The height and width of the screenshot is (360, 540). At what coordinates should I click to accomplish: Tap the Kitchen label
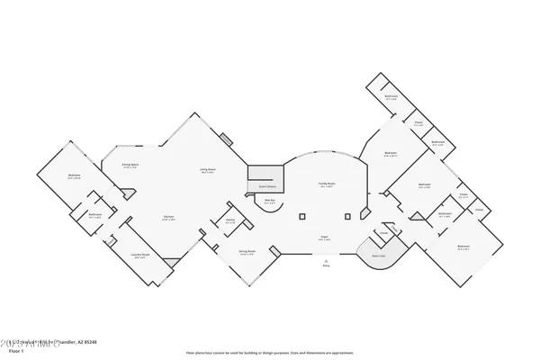pos(168,218)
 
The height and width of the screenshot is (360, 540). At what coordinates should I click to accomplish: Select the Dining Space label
pos(130,166)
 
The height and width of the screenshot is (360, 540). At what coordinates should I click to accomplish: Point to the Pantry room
pos(230,221)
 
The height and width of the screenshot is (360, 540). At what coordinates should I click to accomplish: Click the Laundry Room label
pos(139,255)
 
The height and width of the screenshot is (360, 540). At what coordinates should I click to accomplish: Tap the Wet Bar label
pos(268,202)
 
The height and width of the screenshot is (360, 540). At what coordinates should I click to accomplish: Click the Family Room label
pos(325,184)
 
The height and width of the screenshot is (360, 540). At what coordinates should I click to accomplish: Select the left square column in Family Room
pos(302,216)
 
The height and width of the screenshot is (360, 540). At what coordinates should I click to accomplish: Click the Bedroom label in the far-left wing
pos(74,175)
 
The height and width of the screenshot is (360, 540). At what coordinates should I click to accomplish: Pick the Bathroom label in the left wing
pos(94,215)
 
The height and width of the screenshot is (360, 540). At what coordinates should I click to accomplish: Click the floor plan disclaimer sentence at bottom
pos(270,354)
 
